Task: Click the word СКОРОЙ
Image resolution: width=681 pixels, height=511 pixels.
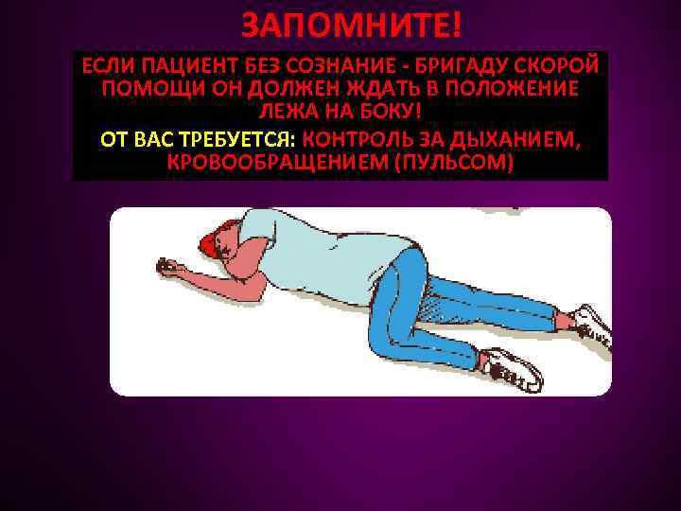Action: click(554, 66)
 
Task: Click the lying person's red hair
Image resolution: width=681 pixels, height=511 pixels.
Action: click(209, 241)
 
